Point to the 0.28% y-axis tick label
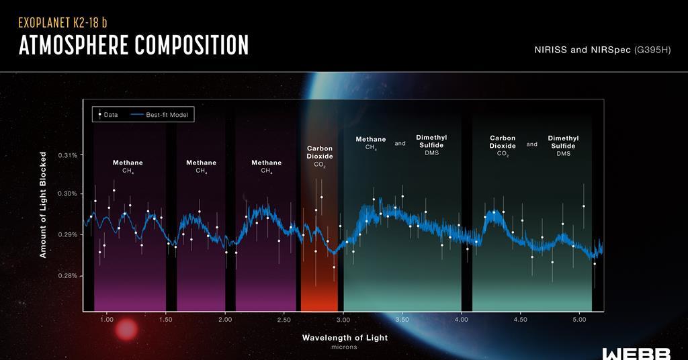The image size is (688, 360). tap(67, 276)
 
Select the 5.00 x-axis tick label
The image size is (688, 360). tap(580, 320)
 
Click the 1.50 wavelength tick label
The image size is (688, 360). tap(166, 320)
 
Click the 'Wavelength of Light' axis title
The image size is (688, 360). tap(345, 338)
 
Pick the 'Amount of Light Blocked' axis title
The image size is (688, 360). tap(43, 205)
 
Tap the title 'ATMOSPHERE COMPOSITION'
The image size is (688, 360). tap(134, 45)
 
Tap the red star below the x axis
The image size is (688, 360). tap(126, 330)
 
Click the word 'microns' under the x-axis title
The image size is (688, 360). tap(345, 347)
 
